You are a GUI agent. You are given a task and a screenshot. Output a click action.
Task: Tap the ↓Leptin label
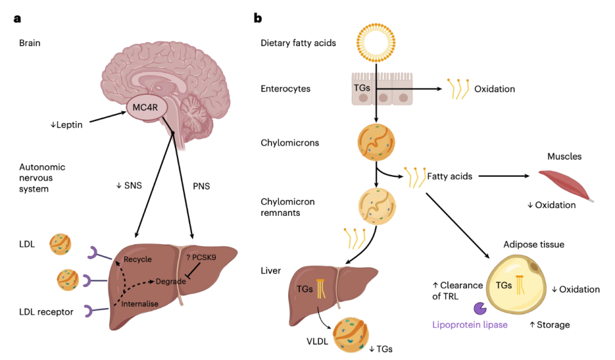(x=67, y=125)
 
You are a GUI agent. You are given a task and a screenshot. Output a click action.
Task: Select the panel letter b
(x=258, y=18)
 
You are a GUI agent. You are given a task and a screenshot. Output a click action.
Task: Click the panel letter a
(x=17, y=18)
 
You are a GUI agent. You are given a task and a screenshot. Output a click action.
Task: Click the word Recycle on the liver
(x=138, y=259)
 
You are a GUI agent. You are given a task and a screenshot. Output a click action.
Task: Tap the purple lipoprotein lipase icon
(x=479, y=309)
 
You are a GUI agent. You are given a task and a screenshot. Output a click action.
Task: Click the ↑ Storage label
(x=550, y=325)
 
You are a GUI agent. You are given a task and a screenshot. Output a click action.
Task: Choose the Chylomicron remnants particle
(x=377, y=206)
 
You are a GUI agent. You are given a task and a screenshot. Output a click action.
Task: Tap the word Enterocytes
(x=286, y=89)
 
